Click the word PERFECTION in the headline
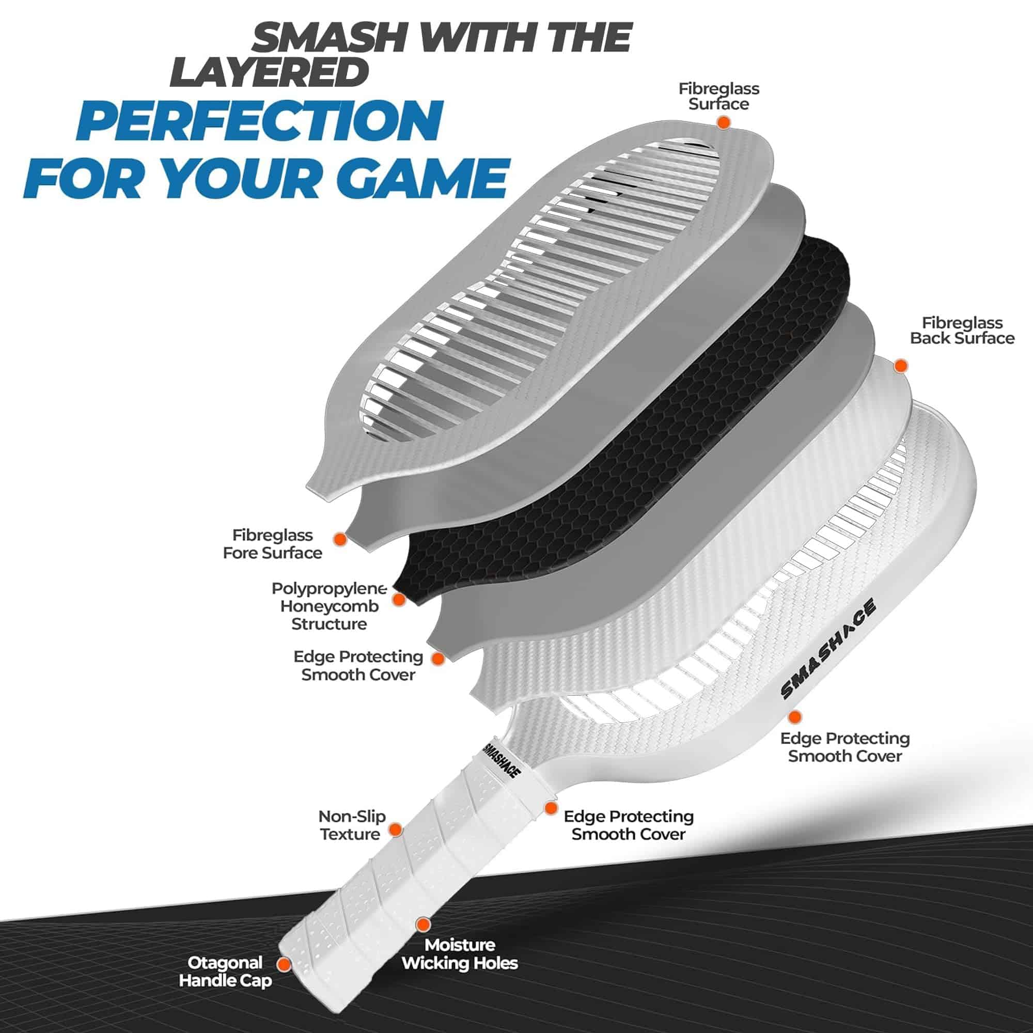(260, 120)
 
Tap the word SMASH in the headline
(331, 39)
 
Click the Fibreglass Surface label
(718, 96)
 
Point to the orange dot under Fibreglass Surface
(724, 122)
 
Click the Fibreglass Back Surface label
(962, 331)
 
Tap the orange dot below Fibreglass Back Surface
(901, 366)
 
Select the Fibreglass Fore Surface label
(273, 544)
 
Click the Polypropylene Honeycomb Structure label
(328, 606)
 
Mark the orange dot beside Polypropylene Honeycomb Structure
(398, 599)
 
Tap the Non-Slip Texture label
(351, 825)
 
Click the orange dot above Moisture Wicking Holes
(423, 925)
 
